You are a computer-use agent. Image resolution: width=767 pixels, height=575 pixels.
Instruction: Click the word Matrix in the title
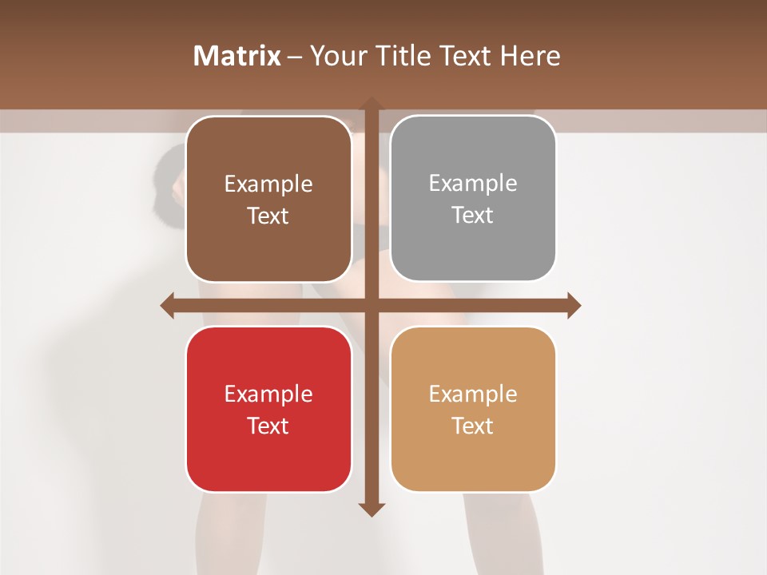pyautogui.click(x=236, y=56)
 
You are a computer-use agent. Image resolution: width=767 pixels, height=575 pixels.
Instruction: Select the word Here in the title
pyautogui.click(x=531, y=56)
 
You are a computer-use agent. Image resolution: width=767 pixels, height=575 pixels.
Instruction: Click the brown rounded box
pyautogui.click(x=268, y=200)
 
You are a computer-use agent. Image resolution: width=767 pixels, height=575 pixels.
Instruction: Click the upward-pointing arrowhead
pyautogui.click(x=371, y=105)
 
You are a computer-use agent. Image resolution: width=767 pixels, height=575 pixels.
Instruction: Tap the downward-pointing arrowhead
pyautogui.click(x=371, y=509)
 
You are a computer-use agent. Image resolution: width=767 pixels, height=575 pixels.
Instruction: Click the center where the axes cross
pyautogui.click(x=371, y=305)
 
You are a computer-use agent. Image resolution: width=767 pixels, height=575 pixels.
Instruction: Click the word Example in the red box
pyautogui.click(x=268, y=394)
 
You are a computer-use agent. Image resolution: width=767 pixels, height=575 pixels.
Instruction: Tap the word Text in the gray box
pyautogui.click(x=473, y=216)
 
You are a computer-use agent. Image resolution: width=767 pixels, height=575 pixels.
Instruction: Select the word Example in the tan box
pyautogui.click(x=473, y=394)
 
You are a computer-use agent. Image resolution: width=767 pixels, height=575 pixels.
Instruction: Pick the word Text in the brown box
pyautogui.click(x=268, y=216)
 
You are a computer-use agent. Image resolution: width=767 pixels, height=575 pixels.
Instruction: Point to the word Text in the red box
pyautogui.click(x=268, y=426)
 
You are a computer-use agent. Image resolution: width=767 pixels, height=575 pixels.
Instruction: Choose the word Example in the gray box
pyautogui.click(x=473, y=184)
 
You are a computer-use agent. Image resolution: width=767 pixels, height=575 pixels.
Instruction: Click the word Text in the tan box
pyautogui.click(x=473, y=426)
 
